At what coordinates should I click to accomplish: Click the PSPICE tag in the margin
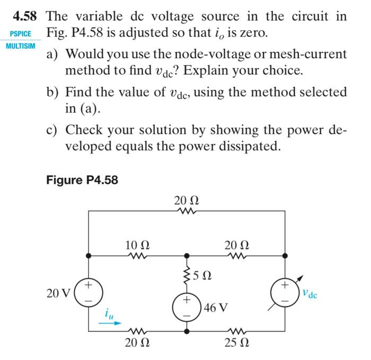tap(21, 34)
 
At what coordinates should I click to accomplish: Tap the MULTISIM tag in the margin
tap(21, 46)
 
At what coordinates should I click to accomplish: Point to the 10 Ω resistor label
tap(137, 245)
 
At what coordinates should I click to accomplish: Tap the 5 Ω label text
tap(203, 275)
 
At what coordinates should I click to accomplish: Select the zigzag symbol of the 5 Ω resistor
tap(187, 274)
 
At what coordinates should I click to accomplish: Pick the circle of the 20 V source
tap(89, 293)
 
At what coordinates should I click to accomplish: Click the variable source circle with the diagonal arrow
tap(285, 293)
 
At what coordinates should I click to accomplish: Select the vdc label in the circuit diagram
tap(311, 293)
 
